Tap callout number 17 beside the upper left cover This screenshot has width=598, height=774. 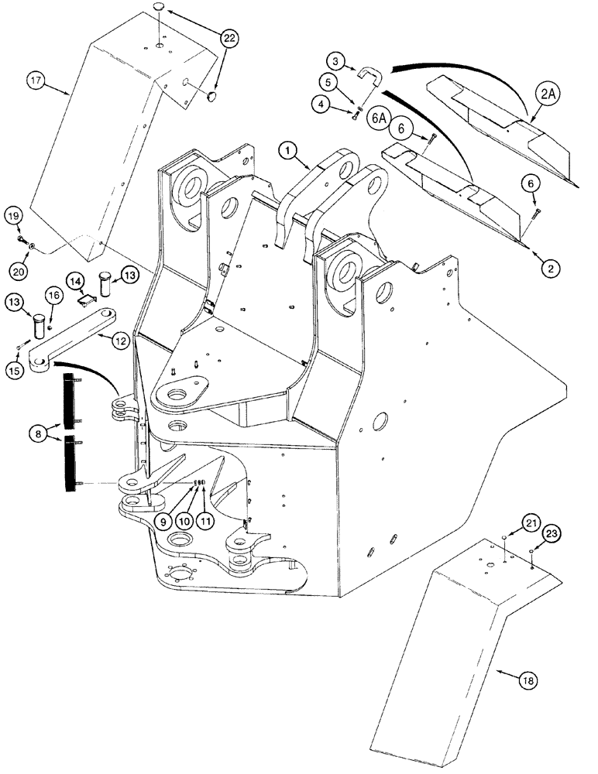point(36,79)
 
